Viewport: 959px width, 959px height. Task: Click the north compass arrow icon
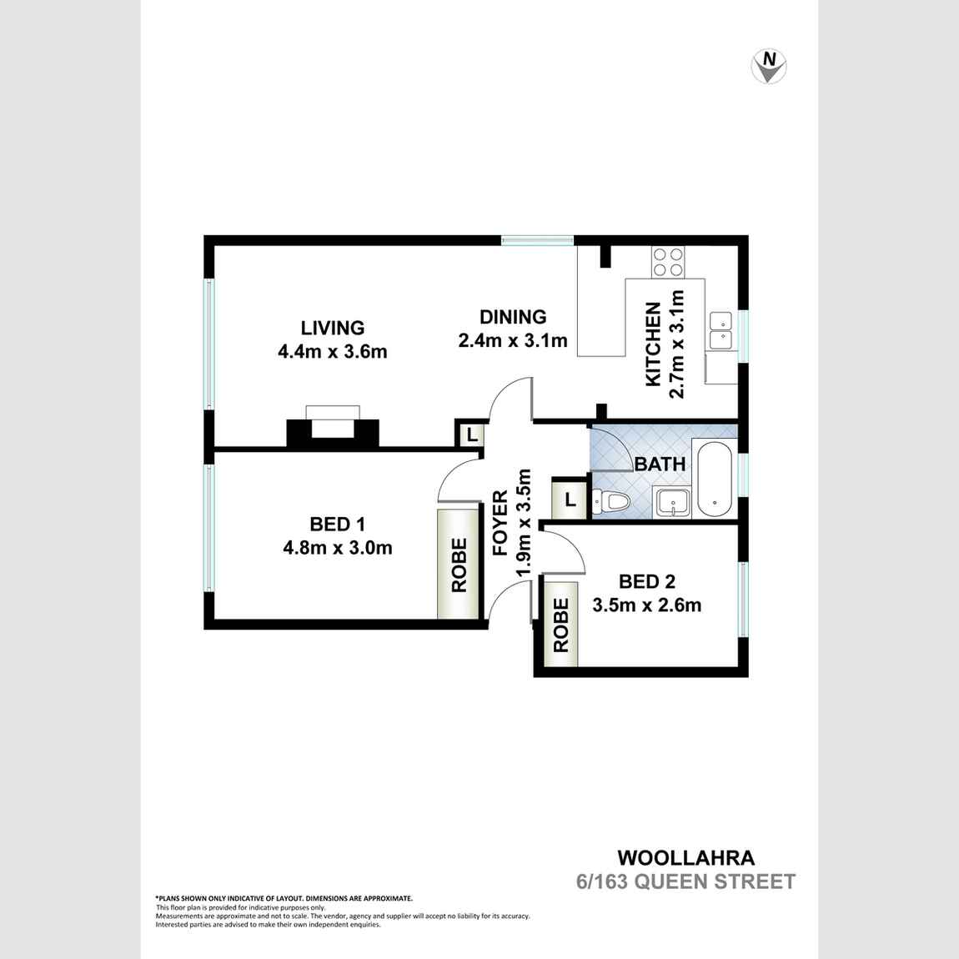[769, 66]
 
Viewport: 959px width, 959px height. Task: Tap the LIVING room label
[333, 328]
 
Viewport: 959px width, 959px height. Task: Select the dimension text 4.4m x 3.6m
[333, 352]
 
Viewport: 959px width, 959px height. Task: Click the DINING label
[513, 317]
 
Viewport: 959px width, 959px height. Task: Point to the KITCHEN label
[653, 344]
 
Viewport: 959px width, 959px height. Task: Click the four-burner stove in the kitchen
[667, 262]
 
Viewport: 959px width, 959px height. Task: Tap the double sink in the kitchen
[721, 331]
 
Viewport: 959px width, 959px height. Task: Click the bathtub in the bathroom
[715, 479]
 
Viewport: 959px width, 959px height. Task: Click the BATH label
[660, 464]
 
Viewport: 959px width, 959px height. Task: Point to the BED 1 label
[338, 525]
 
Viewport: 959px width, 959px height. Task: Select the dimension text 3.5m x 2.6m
[647, 605]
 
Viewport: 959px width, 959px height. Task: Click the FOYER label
[500, 523]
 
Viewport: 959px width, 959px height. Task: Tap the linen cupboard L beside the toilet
[570, 499]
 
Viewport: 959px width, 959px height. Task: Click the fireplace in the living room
[333, 427]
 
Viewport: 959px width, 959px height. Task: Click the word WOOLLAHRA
[685, 857]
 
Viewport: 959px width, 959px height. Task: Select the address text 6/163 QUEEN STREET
[686, 881]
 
